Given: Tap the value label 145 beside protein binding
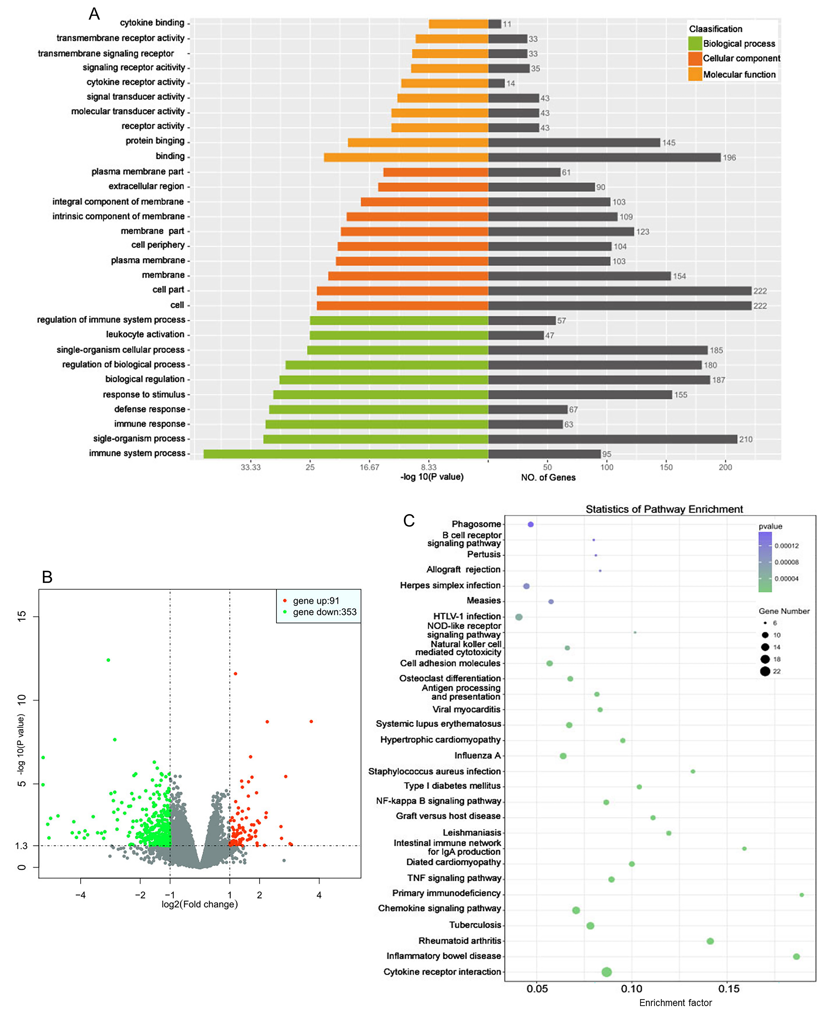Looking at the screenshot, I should (669, 143).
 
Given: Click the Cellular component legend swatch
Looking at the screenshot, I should (695, 58).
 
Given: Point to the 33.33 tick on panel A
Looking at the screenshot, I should (250, 467).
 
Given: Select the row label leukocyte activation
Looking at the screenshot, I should (145, 335).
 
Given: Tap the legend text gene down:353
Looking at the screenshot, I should (325, 612).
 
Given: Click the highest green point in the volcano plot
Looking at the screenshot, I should (108, 660).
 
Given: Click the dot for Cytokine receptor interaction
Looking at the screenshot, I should (606, 972).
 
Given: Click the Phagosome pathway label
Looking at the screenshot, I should (476, 524).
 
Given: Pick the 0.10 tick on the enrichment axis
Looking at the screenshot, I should (632, 989).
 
